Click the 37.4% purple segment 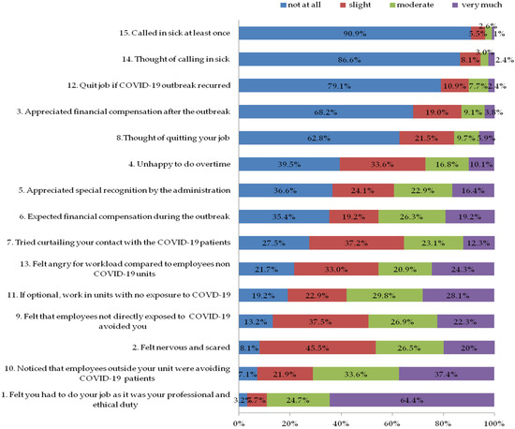coord(447,372)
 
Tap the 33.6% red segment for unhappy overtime coord(382,164)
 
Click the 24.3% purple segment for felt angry coord(463,268)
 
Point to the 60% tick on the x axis coord(392,422)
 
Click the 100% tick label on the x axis coord(493,422)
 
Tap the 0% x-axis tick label coord(240,422)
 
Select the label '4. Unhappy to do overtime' coord(178,164)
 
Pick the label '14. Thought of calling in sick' coord(172,59)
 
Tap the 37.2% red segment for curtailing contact coord(357,242)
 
